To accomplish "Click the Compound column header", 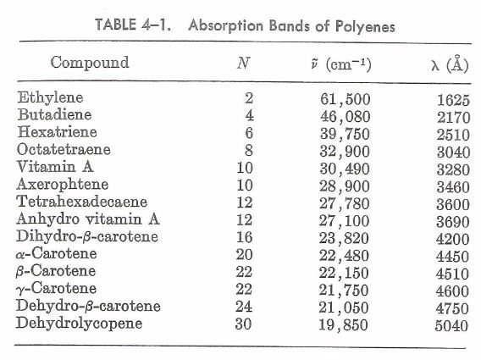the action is pos(90,63).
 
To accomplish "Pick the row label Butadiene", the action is pos(54,114).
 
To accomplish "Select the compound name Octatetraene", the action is pos(63,149).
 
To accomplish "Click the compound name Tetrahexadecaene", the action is pos(82,201).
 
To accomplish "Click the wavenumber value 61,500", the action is pos(346,99).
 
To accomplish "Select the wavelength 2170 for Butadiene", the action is pos(452,117).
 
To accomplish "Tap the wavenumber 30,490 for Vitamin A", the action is pos(346,168).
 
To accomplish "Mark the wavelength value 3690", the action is pos(452,219).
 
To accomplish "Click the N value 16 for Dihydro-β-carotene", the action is pos(245,236).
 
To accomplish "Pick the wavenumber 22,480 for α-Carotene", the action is pos(346,254).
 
